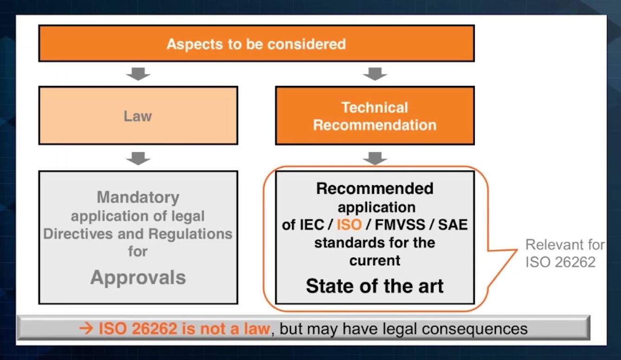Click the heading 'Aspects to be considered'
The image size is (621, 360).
(x=256, y=44)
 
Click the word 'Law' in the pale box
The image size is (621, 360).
(x=138, y=116)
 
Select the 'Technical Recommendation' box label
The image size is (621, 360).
(x=375, y=116)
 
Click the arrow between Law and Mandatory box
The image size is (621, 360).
(x=138, y=158)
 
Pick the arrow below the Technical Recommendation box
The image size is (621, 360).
(x=375, y=158)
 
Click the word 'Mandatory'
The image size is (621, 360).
(x=138, y=197)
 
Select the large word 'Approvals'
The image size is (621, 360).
(x=138, y=277)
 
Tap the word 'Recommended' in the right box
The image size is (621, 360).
(x=375, y=188)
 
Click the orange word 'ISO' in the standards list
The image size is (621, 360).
(x=349, y=225)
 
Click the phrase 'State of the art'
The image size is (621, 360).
(x=375, y=286)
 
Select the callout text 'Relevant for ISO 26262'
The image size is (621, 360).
(x=564, y=253)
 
